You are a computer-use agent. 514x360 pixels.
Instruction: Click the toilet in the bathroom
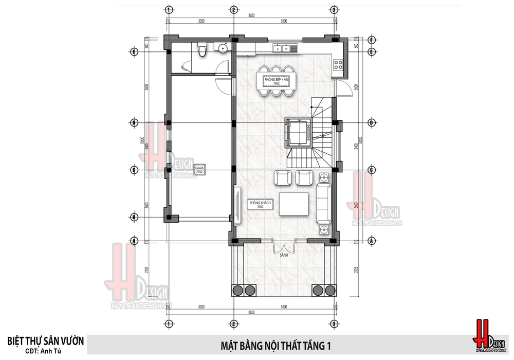coord(201,50)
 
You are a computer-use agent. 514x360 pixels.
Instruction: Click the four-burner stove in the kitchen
coord(339,65)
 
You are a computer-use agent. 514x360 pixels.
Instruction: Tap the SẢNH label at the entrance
coord(283,255)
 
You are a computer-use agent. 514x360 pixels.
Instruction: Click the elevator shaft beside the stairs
coord(298,133)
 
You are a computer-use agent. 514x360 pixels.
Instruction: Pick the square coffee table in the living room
coord(293,205)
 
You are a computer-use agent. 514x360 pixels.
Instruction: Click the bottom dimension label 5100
coord(283,307)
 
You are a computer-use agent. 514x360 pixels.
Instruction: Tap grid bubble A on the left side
coord(134,241)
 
